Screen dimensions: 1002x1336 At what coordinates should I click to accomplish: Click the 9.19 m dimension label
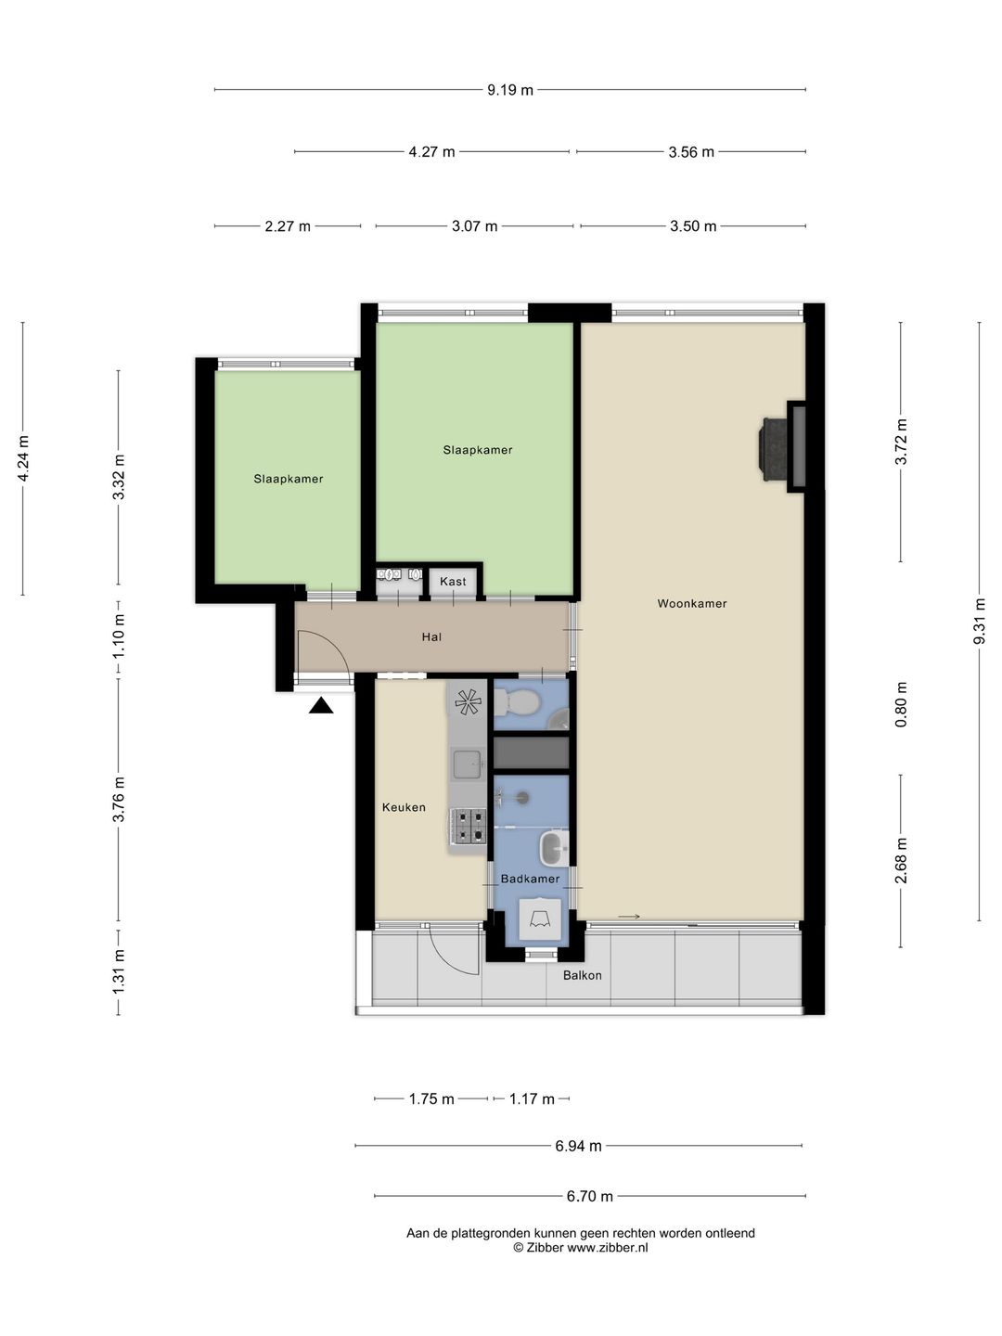[510, 90]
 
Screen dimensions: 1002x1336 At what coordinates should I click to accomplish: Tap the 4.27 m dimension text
[431, 151]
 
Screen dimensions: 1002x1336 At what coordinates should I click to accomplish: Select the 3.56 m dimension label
[691, 151]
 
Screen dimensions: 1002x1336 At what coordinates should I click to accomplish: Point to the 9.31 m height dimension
[979, 621]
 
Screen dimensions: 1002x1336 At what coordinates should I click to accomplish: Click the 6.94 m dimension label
[578, 1146]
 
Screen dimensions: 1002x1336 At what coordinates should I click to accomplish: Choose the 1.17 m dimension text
[532, 1098]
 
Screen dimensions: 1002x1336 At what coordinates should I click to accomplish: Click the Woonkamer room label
[692, 603]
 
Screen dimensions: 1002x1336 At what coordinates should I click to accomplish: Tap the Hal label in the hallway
[431, 636]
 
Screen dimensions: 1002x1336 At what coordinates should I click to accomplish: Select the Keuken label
[404, 807]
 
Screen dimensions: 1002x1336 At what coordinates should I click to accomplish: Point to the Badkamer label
[530, 879]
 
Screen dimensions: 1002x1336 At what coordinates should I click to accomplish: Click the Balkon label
[583, 975]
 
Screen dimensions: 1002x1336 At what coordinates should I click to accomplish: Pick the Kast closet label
[453, 582]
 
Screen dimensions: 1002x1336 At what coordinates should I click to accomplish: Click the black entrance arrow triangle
[321, 706]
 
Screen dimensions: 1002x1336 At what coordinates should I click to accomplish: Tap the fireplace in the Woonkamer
[781, 447]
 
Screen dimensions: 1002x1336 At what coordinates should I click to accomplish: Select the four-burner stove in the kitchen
[468, 826]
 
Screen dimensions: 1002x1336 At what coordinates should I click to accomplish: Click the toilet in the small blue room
[516, 704]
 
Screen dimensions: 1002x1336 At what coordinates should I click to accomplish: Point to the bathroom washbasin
[554, 847]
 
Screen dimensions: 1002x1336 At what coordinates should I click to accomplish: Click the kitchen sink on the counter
[468, 764]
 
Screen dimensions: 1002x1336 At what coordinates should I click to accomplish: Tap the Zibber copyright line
[581, 1247]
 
